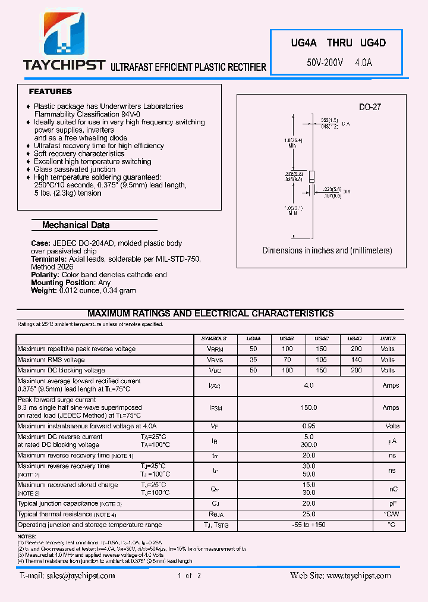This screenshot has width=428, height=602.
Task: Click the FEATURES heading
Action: [x=51, y=92]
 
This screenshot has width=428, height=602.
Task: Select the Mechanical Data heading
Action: [x=75, y=225]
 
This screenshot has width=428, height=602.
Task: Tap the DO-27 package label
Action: [x=369, y=108]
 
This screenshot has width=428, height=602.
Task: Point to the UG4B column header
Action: [x=287, y=338]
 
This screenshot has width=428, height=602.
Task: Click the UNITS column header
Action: [x=388, y=338]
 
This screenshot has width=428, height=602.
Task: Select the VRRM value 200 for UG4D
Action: [x=356, y=349]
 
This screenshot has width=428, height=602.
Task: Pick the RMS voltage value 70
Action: [x=287, y=360]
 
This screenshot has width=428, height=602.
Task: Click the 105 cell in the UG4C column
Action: [x=321, y=360]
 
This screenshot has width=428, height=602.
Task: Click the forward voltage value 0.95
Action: [x=309, y=426]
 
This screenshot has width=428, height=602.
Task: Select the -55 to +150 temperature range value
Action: [x=309, y=525]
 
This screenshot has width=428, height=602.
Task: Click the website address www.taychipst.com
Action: [x=359, y=575]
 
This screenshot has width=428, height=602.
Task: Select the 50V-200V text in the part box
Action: [x=325, y=62]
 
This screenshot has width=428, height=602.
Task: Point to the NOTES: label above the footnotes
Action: [x=27, y=537]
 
